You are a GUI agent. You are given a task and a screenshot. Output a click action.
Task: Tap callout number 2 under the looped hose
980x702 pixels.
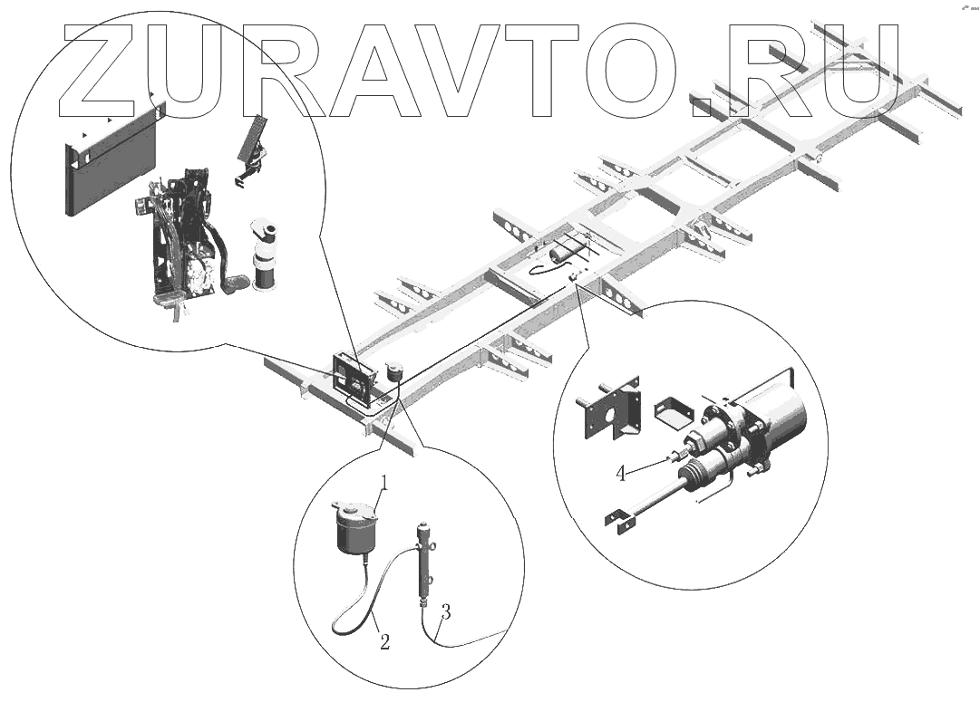384,643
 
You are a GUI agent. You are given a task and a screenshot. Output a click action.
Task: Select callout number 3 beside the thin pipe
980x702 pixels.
444,611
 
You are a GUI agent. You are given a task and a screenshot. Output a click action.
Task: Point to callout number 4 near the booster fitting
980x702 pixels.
622,473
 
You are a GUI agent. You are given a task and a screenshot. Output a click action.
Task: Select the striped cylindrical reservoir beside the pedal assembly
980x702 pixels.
266,256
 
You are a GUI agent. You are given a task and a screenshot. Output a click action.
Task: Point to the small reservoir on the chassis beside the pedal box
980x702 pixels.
393,372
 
